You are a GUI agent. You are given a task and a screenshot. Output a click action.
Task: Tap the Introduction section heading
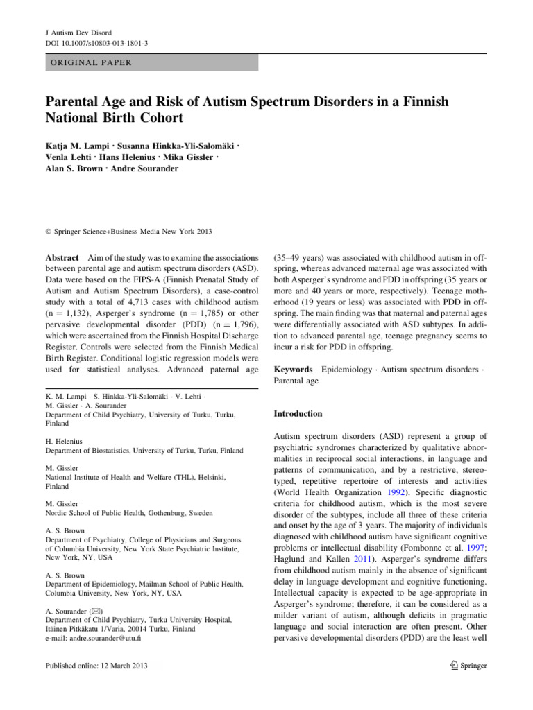[x=299, y=413]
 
